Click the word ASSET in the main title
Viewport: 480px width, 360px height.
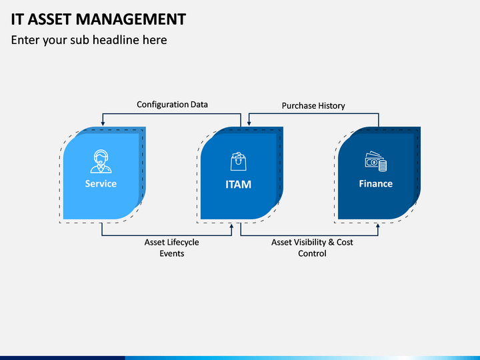[x=49, y=19]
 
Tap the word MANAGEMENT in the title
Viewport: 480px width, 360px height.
[x=131, y=19]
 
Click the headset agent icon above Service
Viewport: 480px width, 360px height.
[x=101, y=161]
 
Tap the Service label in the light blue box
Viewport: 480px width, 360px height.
[x=101, y=184]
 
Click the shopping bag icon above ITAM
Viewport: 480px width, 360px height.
[x=238, y=161]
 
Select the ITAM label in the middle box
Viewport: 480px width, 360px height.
[x=238, y=185]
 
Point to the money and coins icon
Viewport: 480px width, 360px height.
[x=375, y=161]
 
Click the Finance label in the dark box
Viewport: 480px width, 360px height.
[x=375, y=184]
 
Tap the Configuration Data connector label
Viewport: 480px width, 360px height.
[x=172, y=105]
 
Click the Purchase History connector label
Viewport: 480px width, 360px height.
[x=313, y=106]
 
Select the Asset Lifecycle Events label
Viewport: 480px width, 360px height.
[x=172, y=248]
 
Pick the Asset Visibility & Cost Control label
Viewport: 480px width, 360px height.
[x=312, y=248]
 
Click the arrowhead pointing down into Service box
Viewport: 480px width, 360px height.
[x=103, y=123]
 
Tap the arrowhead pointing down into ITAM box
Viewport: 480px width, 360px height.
[x=249, y=123]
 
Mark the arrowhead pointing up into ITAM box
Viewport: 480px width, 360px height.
[x=231, y=226]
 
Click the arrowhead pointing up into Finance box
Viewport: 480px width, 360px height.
[x=378, y=226]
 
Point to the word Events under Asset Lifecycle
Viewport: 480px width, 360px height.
[x=172, y=253]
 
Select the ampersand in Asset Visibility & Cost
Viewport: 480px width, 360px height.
[x=331, y=242]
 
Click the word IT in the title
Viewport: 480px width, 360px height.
[x=17, y=19]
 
